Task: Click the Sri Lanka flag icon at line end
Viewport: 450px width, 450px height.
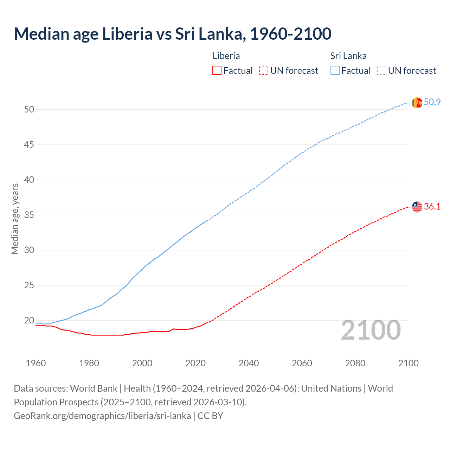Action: (x=417, y=103)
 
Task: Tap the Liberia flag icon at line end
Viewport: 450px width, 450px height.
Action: (x=417, y=207)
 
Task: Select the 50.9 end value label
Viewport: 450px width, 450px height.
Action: (x=432, y=102)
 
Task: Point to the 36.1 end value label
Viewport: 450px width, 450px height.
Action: (x=432, y=206)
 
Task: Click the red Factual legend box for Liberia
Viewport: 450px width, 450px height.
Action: (x=217, y=70)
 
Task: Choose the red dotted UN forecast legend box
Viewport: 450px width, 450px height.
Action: (x=264, y=70)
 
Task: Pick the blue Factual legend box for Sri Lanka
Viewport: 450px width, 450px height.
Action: (x=335, y=70)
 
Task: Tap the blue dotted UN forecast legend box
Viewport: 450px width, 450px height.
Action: (x=381, y=70)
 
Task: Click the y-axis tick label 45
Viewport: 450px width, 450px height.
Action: (x=29, y=144)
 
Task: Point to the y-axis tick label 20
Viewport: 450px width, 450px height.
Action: (x=29, y=320)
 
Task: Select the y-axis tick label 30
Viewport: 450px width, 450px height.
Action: (x=29, y=250)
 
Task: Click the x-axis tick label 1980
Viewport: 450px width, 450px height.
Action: (x=89, y=363)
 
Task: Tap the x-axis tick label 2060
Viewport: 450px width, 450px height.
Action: (x=302, y=363)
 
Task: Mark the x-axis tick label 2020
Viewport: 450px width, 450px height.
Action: (x=195, y=363)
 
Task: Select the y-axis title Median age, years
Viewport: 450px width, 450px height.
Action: (x=15, y=219)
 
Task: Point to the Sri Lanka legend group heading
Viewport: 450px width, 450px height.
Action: (x=348, y=56)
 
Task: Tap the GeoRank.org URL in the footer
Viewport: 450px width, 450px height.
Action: (x=102, y=416)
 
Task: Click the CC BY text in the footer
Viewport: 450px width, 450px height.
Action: (x=210, y=416)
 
